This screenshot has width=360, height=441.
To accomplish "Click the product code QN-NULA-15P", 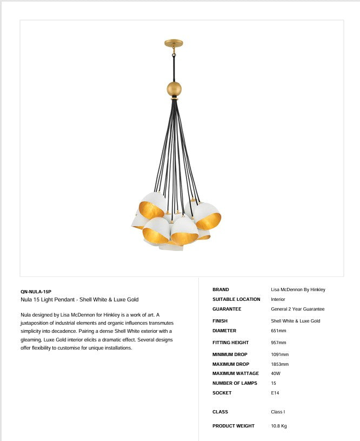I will click(x=36, y=292).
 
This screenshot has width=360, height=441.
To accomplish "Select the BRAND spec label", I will click(x=221, y=289).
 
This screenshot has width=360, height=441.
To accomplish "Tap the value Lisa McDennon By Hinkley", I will click(x=298, y=289).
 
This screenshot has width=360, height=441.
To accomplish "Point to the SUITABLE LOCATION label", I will click(x=236, y=299).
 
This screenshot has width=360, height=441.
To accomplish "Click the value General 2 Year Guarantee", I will click(x=297, y=309).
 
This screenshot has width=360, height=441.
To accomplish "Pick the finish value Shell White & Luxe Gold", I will click(x=295, y=321).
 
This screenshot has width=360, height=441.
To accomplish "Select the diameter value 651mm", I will click(x=278, y=331).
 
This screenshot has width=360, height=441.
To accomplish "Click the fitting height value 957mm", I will click(x=278, y=343).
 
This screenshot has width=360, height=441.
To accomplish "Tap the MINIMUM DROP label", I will click(x=230, y=354).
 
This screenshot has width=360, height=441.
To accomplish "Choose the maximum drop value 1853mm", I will click(x=279, y=364).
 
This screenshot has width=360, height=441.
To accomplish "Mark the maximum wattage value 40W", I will click(x=276, y=373).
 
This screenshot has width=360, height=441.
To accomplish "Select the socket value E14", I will click(x=275, y=393).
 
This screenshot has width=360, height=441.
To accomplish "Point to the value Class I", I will click(x=277, y=412).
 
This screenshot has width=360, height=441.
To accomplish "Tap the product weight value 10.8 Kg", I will click(x=278, y=426).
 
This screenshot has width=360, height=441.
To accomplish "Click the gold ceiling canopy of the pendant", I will click(x=174, y=43).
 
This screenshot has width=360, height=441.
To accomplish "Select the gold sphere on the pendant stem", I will click(x=174, y=89).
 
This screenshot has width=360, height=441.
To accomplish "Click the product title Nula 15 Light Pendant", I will click(x=79, y=300).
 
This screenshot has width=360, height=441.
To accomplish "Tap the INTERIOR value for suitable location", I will click(x=278, y=299).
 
